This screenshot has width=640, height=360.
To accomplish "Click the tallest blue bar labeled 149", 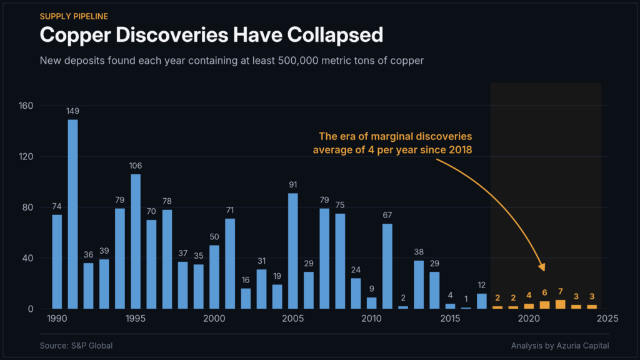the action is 72,214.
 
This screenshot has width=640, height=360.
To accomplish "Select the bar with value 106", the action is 136,242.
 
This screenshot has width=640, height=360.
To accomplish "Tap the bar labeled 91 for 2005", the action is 293,251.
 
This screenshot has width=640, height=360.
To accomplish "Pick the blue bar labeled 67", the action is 387,266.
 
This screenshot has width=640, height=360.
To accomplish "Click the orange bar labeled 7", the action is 561,304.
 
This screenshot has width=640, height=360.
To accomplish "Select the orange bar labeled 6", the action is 544,305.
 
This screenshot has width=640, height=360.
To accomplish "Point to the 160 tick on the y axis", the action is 26,106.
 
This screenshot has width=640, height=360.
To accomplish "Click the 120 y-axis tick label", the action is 26,157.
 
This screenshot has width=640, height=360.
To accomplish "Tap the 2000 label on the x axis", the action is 214,318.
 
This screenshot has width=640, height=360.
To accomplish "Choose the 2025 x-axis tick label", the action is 607,318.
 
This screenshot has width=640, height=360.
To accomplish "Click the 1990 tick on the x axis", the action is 57,318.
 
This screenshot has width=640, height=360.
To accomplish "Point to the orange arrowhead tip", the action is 544,271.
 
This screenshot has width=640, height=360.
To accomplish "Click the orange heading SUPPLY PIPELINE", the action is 74,16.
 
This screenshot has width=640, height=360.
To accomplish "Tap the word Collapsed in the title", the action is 335,35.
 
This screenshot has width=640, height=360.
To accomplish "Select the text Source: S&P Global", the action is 76,346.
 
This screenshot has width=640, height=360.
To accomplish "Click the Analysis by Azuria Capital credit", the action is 560,346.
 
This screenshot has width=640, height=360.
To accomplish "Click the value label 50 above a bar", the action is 214,237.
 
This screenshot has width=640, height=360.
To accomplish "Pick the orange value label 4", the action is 529,295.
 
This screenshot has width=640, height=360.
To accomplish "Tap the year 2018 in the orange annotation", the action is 461,150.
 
